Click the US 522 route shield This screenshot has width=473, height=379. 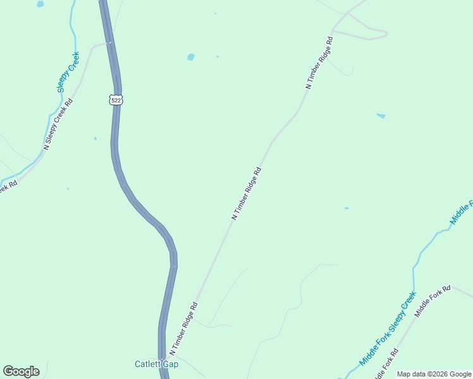pos(115,100)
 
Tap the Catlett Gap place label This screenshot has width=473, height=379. pos(156,364)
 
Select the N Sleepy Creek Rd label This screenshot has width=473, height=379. pos(58,123)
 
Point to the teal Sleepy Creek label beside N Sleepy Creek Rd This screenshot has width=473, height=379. pos(68,71)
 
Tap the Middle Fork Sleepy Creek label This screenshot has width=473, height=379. pos(388,328)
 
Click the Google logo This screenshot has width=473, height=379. pos(21,371)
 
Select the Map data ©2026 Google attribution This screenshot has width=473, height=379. pos(434,374)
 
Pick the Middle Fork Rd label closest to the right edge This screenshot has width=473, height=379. pos(433,301)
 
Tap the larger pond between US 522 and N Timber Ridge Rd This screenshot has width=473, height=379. pos(191,57)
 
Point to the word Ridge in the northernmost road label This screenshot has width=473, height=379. pos(320,61)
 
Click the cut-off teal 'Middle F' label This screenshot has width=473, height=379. pos(462,212)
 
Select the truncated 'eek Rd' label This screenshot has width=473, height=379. pos(8,186)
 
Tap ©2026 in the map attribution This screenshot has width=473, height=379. pos(438,374)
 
